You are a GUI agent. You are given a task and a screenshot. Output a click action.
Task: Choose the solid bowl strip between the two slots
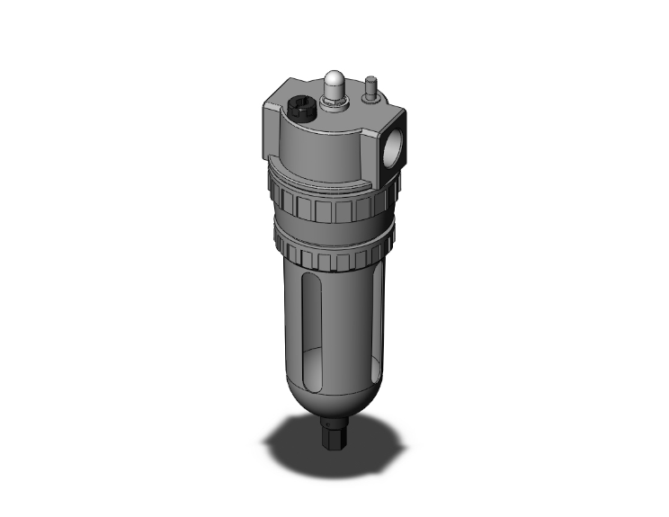pyautogui.click(x=346, y=315)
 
